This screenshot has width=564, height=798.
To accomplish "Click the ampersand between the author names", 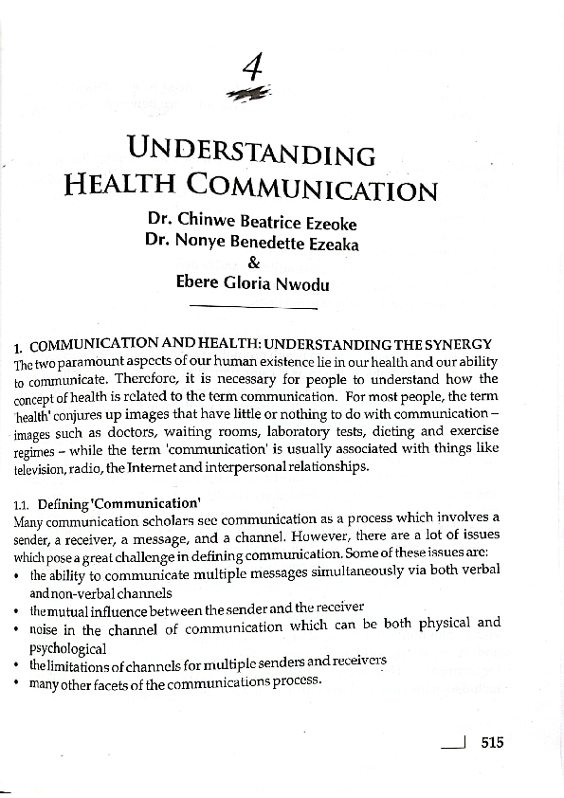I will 253,263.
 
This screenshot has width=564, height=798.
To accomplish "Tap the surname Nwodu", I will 301,284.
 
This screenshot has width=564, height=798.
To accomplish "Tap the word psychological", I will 67,649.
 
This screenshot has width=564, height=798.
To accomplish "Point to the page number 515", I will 492,743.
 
